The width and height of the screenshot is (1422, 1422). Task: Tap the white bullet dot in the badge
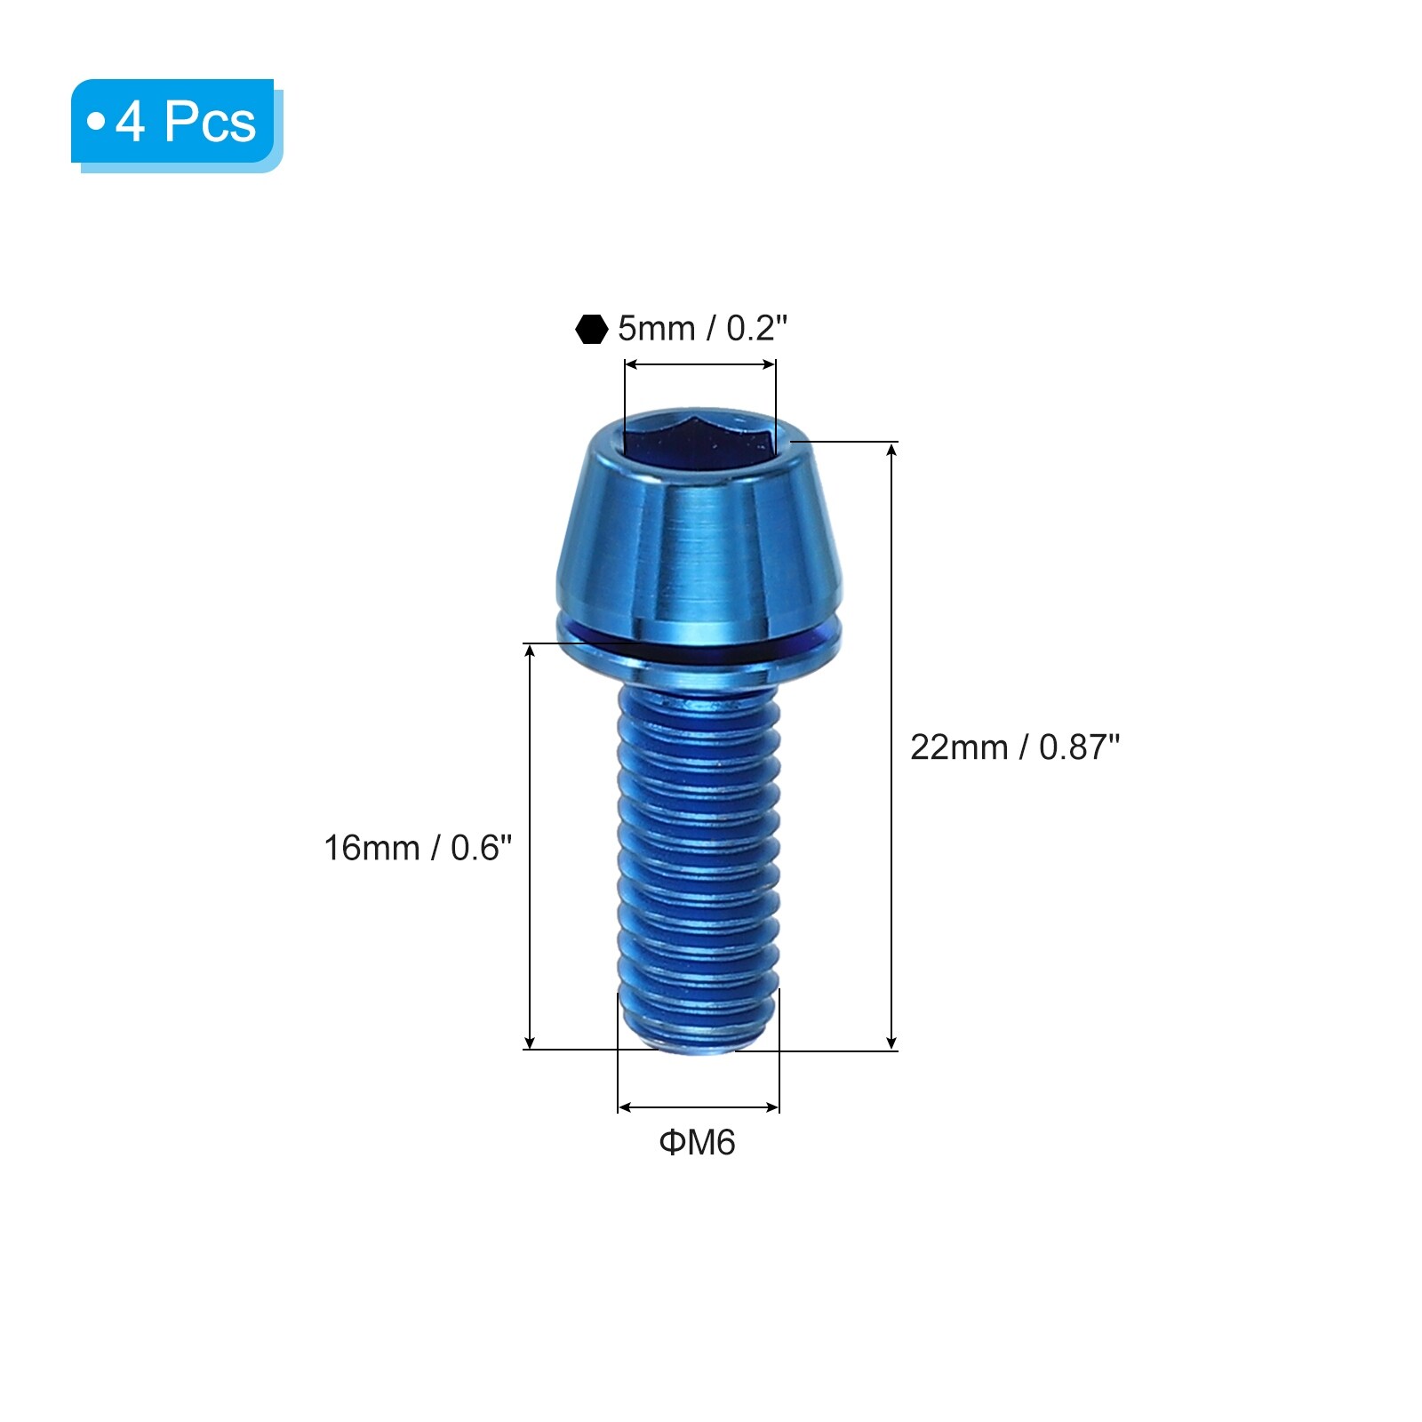pos(96,121)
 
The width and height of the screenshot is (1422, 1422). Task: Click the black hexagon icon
pos(591,329)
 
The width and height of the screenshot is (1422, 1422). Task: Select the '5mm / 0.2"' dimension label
pos(703,329)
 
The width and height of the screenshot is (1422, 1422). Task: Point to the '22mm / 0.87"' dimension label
pos(1015,747)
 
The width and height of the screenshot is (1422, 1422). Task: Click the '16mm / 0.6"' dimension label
pos(418,848)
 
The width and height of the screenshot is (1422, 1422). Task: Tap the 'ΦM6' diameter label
pos(698,1142)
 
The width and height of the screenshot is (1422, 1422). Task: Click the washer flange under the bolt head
pos(699,640)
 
